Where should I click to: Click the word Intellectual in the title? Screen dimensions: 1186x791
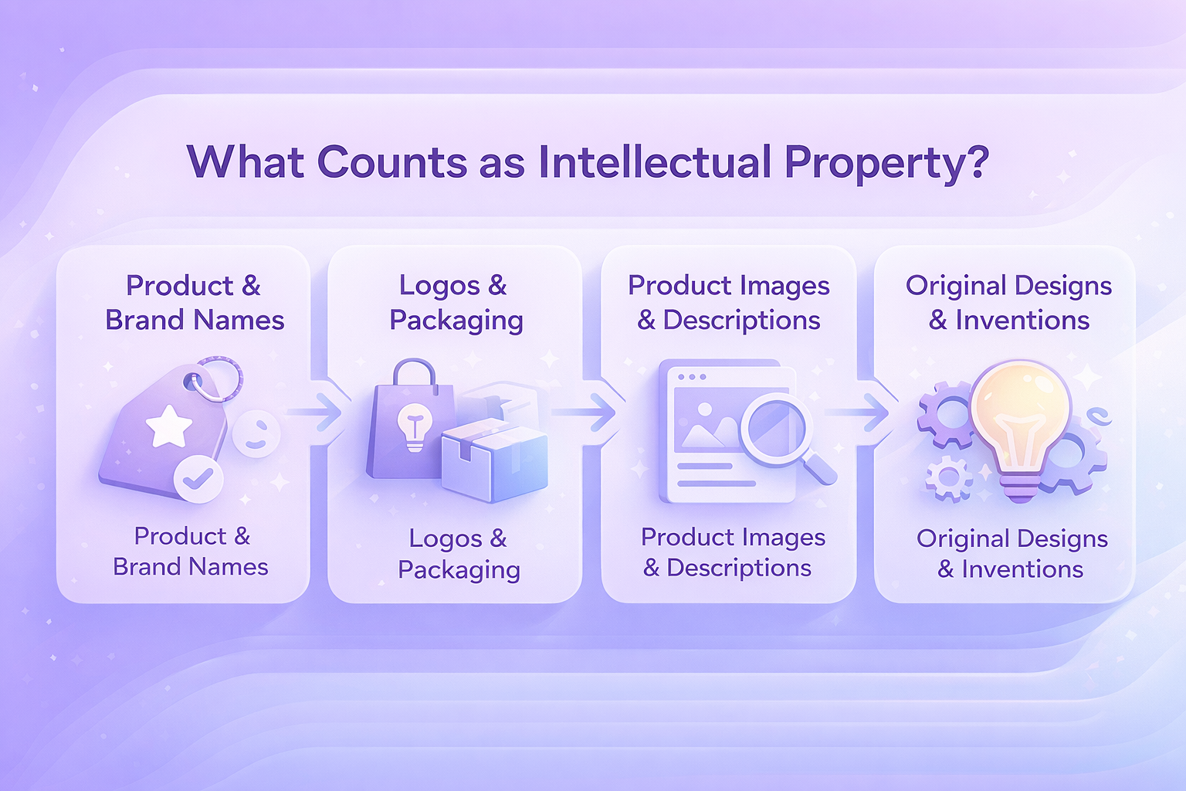tap(655, 161)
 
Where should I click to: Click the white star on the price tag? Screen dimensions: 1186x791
tap(169, 426)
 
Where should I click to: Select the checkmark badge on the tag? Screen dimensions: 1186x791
tap(198, 479)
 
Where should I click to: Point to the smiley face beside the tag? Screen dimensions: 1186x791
tap(256, 433)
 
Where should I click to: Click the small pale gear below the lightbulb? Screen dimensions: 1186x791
tap(949, 478)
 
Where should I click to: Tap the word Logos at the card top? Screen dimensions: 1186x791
tap(439, 285)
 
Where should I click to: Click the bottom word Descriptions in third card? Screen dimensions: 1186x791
tap(739, 569)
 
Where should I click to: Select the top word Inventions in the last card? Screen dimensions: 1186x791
tap(1022, 321)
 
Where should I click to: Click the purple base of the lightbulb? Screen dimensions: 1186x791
tap(1020, 487)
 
